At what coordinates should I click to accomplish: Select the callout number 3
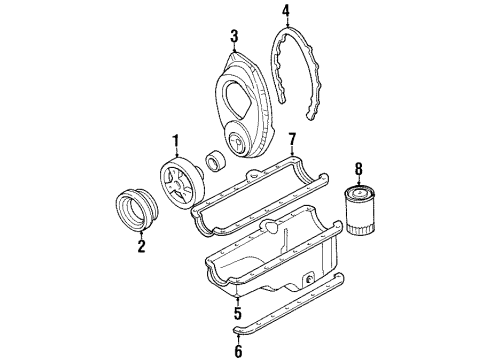click(x=233, y=37)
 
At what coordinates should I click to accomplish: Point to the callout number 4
click(x=285, y=12)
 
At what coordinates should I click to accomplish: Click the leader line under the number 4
click(x=285, y=26)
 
